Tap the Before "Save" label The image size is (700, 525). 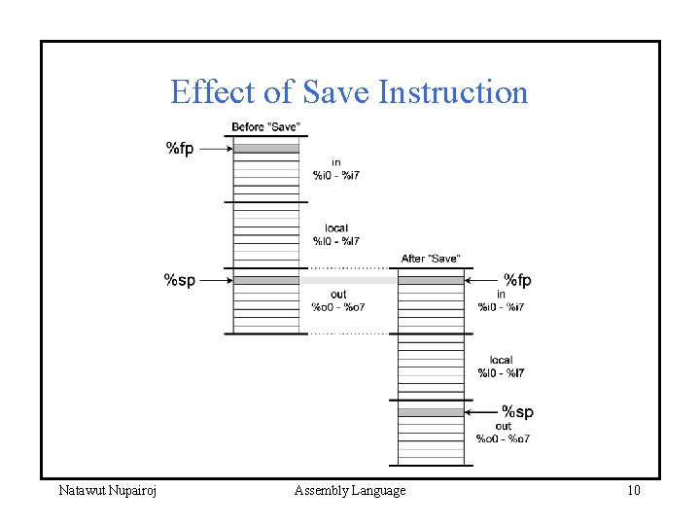(x=265, y=127)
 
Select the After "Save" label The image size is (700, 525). (x=431, y=259)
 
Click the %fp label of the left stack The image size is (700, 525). (x=180, y=148)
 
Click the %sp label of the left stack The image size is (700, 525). (x=179, y=280)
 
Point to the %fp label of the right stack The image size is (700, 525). (x=517, y=280)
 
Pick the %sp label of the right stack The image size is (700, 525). (x=517, y=412)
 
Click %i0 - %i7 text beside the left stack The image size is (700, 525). (x=336, y=176)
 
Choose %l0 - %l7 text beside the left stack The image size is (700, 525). (x=336, y=241)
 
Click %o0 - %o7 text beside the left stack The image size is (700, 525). (x=338, y=307)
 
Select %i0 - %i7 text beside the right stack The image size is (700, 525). (x=502, y=307)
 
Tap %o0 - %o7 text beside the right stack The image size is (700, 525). (x=503, y=438)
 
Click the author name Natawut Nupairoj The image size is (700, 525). (x=108, y=491)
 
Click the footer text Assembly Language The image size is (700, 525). (x=350, y=491)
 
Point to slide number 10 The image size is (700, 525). (x=634, y=491)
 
